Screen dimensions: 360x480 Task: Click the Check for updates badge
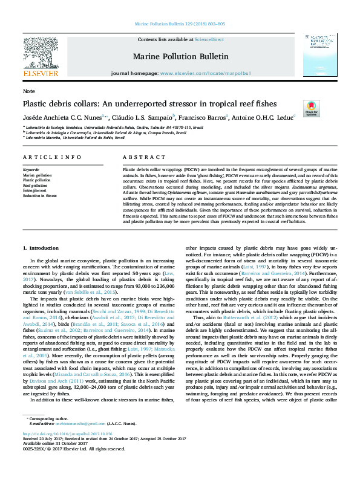pos(312,109)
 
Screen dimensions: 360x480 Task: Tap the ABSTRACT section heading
pos(136,157)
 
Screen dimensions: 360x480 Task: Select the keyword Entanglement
pos(34,190)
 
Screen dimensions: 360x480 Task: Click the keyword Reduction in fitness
pos(40,195)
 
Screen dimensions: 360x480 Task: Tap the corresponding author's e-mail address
pos(70,441)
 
